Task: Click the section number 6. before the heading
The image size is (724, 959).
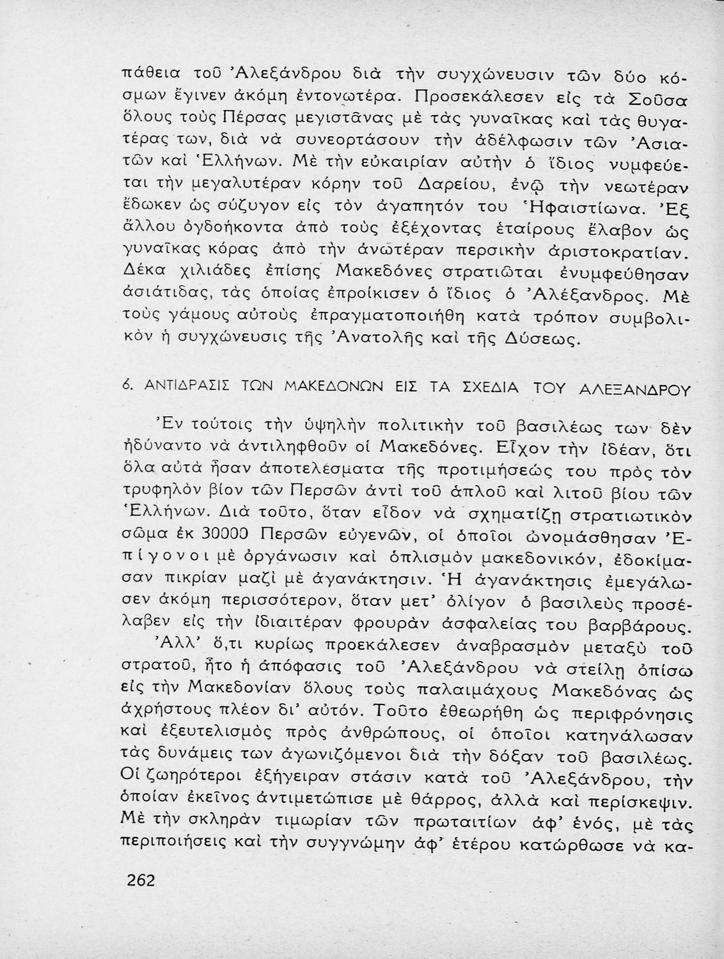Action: pos(125,387)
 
